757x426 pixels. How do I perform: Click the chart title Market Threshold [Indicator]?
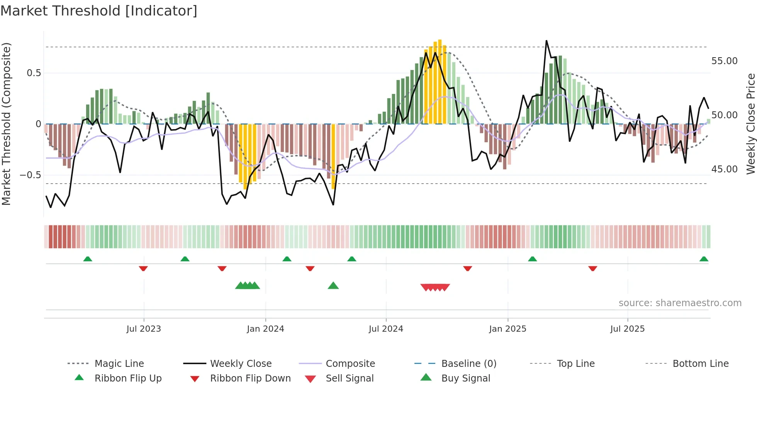[99, 11]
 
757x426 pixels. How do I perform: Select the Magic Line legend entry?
[119, 363]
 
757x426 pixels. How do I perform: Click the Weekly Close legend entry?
[241, 363]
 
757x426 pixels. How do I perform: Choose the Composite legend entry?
[350, 363]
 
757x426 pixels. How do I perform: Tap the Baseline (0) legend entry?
[468, 363]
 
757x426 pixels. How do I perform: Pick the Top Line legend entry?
[575, 363]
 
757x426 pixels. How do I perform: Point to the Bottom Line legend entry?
[700, 363]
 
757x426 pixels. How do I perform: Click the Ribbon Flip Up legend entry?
[128, 378]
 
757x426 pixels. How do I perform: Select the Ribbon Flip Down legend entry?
[250, 378]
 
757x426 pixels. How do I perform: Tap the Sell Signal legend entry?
[350, 378]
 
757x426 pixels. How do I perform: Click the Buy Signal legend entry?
[465, 378]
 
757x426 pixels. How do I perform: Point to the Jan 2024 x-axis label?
[265, 329]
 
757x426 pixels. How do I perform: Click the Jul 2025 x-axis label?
[627, 329]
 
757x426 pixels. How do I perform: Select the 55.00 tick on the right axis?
[724, 61]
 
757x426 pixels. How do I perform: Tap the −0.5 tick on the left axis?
[31, 175]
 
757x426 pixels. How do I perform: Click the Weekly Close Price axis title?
[750, 124]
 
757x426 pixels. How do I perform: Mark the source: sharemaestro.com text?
[680, 303]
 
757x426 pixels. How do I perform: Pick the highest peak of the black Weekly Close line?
[547, 41]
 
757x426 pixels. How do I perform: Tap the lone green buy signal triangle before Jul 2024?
[333, 286]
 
